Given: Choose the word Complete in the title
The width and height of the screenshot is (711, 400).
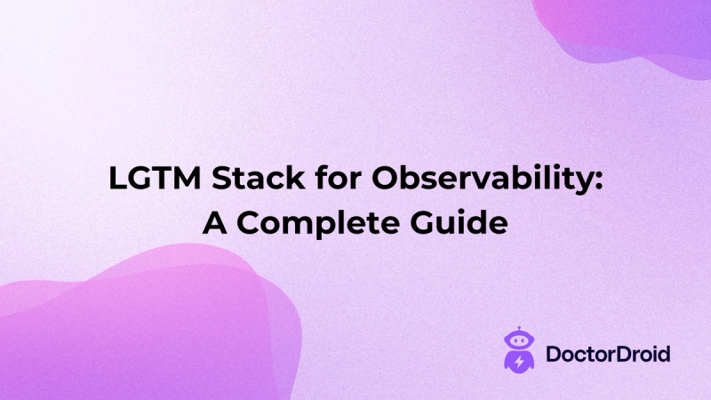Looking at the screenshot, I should click(x=321, y=222).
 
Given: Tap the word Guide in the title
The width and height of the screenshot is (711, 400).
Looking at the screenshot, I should click(x=465, y=221).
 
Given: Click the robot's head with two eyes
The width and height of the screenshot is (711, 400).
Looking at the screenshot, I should click(x=516, y=343).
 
